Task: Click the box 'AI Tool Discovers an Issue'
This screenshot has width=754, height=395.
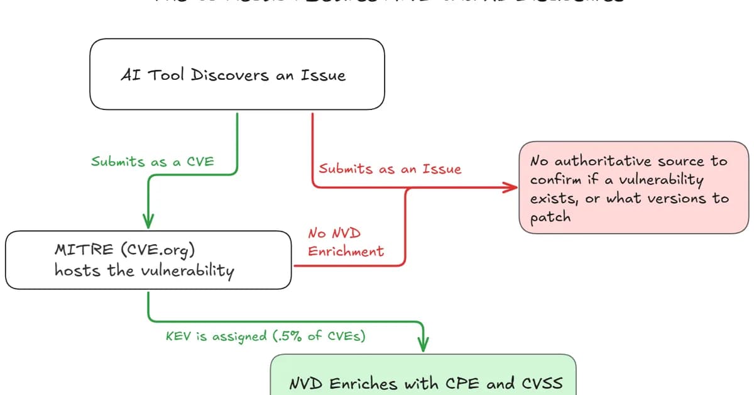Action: coord(237,75)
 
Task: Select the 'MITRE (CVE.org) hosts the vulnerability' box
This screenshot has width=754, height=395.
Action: coord(149,260)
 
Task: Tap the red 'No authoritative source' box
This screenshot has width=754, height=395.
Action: coord(633,187)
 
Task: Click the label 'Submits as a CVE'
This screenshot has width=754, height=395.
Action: coord(153,162)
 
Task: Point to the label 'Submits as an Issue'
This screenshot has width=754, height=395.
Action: coord(390,169)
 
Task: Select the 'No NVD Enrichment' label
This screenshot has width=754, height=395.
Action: coord(345,242)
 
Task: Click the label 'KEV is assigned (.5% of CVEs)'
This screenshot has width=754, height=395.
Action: coord(265,335)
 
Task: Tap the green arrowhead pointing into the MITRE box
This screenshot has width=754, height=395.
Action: coord(148,221)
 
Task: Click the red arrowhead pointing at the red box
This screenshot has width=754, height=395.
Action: coord(511,187)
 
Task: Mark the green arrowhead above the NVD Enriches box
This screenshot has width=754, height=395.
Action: coord(423,344)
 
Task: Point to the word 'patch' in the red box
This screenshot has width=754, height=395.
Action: coord(550,218)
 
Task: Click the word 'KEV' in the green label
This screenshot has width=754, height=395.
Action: coord(178,335)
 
